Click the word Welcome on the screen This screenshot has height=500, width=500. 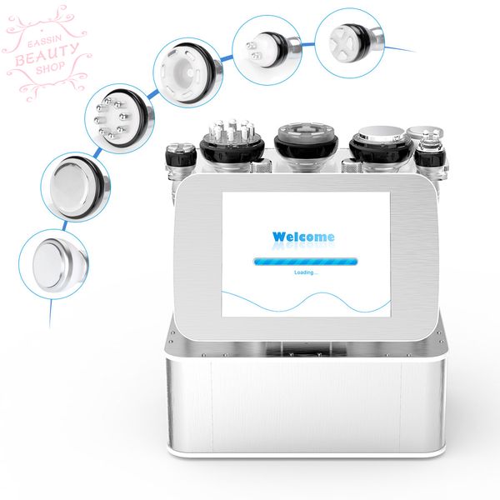coord(303,237)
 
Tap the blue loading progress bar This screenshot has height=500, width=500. coord(305,262)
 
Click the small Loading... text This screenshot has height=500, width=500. coord(306,272)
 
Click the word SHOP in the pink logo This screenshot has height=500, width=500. coord(50,67)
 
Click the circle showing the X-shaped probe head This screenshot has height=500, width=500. coord(349,42)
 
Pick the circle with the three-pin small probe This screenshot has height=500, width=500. coord(267,50)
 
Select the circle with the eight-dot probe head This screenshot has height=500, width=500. coord(119,118)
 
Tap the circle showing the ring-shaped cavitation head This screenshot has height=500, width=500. coord(188,72)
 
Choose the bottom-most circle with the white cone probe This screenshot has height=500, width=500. coord(53,264)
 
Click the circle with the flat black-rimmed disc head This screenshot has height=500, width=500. coord(76,187)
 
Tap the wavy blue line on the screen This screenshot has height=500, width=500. coord(306,302)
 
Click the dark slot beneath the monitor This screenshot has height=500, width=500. coord(306,349)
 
